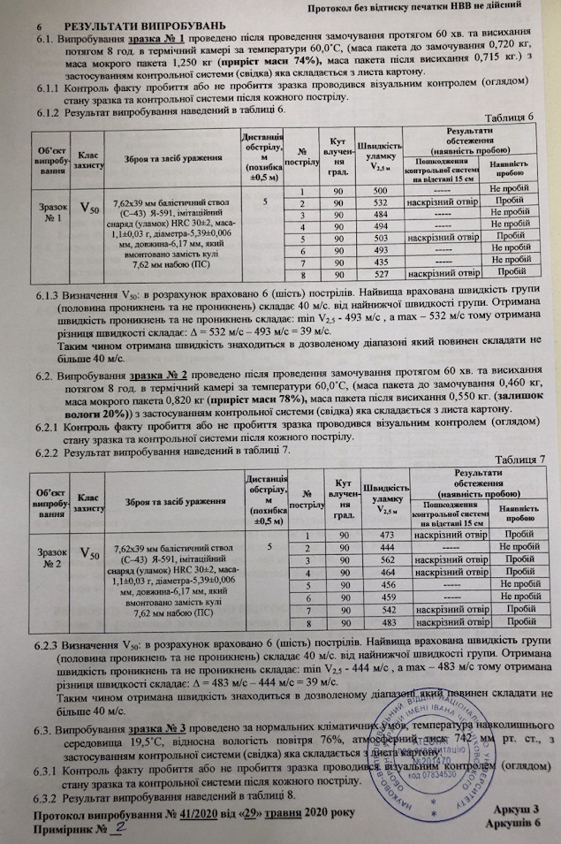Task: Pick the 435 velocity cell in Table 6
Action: click(x=380, y=262)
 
